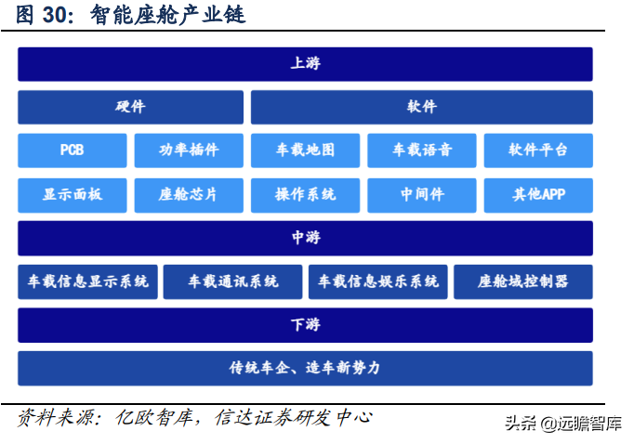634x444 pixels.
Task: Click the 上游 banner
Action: point(305,64)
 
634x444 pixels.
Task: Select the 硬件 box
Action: point(130,107)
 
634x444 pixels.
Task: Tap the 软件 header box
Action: point(421,107)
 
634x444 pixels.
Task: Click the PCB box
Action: point(72,150)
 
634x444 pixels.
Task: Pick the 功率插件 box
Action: point(189,150)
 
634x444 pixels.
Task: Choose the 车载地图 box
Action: point(305,150)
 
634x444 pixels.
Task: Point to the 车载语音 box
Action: point(421,150)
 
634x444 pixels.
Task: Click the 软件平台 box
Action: point(537,150)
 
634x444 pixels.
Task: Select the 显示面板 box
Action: point(72,195)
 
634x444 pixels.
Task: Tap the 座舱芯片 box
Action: point(189,195)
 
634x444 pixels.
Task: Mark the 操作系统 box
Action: point(305,195)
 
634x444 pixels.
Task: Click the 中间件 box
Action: point(421,195)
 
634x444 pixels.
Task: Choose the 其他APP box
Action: point(537,195)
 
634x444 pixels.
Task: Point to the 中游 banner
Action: point(305,238)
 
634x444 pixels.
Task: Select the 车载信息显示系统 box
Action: point(87,281)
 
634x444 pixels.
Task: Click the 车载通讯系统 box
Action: point(232,281)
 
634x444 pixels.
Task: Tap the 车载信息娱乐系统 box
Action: point(377,281)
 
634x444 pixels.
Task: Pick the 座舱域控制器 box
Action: point(522,281)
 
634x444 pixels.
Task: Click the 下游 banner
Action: point(305,325)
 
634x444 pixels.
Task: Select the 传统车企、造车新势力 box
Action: point(305,368)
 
